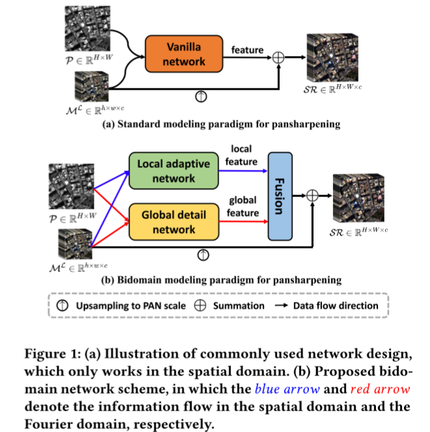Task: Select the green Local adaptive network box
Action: pyautogui.click(x=174, y=170)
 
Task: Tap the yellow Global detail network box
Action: pyautogui.click(x=174, y=221)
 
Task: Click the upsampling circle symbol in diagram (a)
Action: pyautogui.click(x=201, y=96)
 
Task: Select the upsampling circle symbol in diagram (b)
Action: pyautogui.click(x=204, y=254)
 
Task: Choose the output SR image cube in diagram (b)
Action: pyautogui.click(x=355, y=194)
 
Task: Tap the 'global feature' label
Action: pyautogui.click(x=241, y=206)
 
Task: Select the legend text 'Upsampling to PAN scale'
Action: pyautogui.click(x=129, y=305)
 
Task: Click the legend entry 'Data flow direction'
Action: pyautogui.click(x=335, y=305)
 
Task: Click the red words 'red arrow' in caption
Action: pyautogui.click(x=378, y=390)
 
